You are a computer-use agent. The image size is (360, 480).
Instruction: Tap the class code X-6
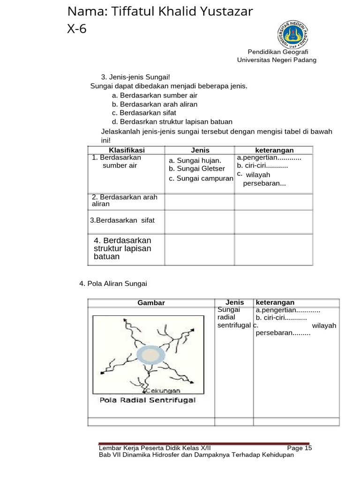pyautogui.click(x=77, y=29)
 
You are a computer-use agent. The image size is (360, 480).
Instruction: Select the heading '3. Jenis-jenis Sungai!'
pyautogui.click(x=135, y=77)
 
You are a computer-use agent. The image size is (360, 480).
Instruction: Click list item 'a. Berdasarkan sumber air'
pyautogui.click(x=155, y=95)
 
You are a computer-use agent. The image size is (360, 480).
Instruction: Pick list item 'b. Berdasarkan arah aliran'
pyautogui.click(x=155, y=104)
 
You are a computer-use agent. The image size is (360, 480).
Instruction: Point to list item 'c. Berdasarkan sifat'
pyautogui.click(x=144, y=113)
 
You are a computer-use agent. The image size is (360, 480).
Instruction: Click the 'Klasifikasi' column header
pyautogui.click(x=127, y=150)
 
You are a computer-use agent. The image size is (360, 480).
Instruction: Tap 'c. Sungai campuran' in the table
pyautogui.click(x=201, y=179)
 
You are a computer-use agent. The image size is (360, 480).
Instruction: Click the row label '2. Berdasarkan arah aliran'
pyautogui.click(x=125, y=201)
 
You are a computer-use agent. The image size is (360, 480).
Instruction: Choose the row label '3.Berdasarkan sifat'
pyautogui.click(x=122, y=220)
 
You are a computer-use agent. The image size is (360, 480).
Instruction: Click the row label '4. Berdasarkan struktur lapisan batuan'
pyautogui.click(x=122, y=248)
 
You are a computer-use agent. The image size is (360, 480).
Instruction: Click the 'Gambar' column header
pyautogui.click(x=151, y=303)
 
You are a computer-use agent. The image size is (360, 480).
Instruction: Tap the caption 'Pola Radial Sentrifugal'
pyautogui.click(x=148, y=400)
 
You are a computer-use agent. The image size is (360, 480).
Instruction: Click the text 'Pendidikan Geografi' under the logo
pyautogui.click(x=277, y=52)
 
